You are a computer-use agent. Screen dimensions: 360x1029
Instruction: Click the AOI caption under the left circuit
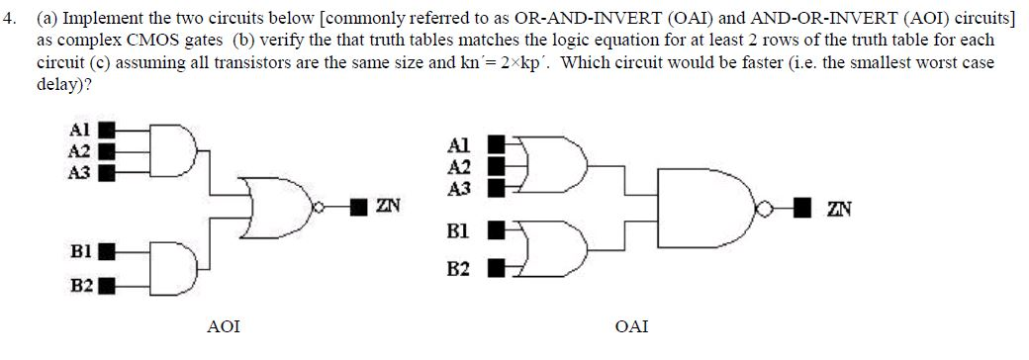tap(224, 325)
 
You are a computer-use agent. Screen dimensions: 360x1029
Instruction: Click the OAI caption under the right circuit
tap(632, 325)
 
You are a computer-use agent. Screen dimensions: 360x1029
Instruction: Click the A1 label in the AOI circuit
tap(80, 130)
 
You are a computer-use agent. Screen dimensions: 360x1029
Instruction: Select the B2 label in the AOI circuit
tap(81, 286)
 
